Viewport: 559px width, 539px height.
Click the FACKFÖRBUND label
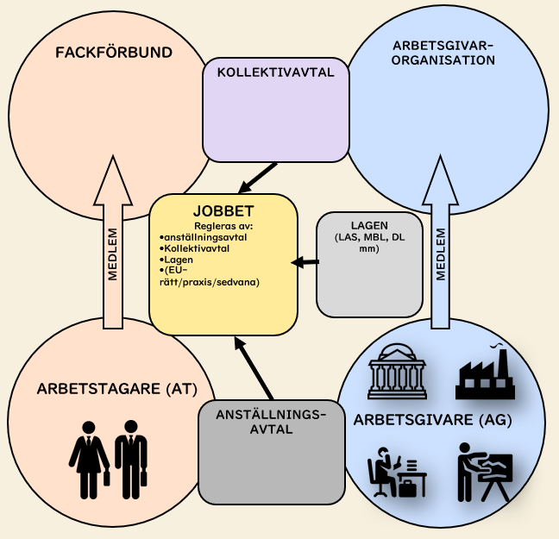(114, 53)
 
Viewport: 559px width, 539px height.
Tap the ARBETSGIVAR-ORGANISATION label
(443, 53)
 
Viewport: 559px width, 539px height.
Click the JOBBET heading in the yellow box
(223, 211)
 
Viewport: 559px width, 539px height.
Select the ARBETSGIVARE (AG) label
(433, 421)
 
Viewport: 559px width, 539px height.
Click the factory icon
(486, 372)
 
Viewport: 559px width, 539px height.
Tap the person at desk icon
(395, 472)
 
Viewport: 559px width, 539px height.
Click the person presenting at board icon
(485, 471)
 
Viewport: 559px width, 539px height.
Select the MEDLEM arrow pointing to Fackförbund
(114, 246)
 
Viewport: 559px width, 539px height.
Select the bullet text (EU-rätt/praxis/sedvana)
(211, 277)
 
